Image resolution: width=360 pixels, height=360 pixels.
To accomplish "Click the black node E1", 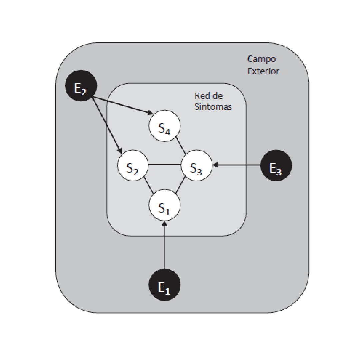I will coord(164,285).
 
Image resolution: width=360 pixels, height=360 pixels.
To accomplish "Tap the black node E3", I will coord(276,165).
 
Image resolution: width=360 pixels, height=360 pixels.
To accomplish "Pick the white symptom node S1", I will coord(164,205).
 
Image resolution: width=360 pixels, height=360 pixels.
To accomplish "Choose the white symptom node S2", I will coord(133,165).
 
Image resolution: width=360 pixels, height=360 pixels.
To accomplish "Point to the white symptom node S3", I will coord(197,165).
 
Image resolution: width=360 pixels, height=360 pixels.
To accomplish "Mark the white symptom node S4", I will coord(164,127).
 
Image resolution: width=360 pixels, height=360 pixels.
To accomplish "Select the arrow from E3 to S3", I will coord(237,165).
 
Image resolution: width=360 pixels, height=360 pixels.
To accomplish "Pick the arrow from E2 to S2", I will coord(106,124).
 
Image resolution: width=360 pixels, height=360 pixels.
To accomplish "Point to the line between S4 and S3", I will coord(180,145).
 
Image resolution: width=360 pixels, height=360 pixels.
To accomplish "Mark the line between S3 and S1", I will coord(180,186).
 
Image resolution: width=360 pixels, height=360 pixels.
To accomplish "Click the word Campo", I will coord(261,59).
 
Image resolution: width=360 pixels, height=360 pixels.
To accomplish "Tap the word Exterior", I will coord(263,71).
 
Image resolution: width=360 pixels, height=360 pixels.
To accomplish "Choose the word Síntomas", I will coord(213,107).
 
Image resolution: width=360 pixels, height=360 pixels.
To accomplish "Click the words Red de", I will coord(208,96).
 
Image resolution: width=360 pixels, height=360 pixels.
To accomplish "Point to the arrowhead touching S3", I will coord(215,165).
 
